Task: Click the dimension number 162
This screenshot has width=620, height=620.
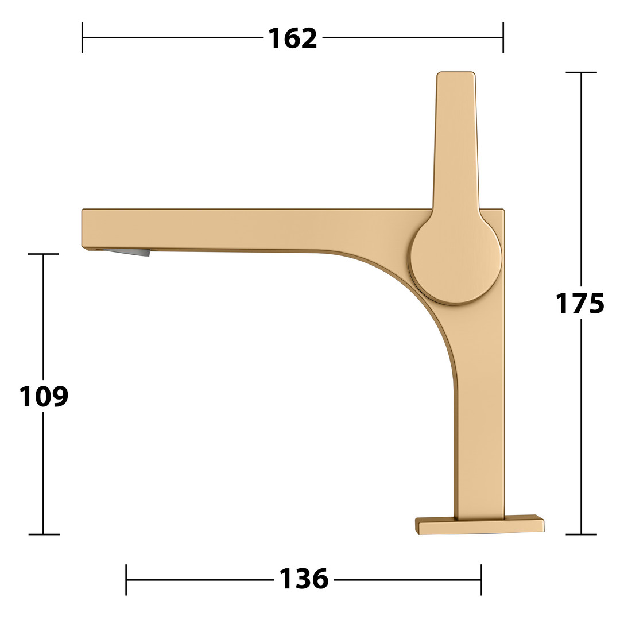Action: point(293,38)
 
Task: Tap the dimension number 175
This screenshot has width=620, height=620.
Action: point(580,303)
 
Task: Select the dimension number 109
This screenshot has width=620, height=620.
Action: point(44,396)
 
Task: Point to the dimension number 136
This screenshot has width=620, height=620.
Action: point(304,579)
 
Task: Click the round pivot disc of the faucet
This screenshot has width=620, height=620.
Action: point(456,261)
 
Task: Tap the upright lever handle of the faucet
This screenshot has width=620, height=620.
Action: point(456,142)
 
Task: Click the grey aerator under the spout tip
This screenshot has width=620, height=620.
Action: point(127,252)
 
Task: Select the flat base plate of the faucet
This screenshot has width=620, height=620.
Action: point(479,525)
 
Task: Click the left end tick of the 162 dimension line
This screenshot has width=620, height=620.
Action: point(82,37)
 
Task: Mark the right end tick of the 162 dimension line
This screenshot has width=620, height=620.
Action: point(503,37)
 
